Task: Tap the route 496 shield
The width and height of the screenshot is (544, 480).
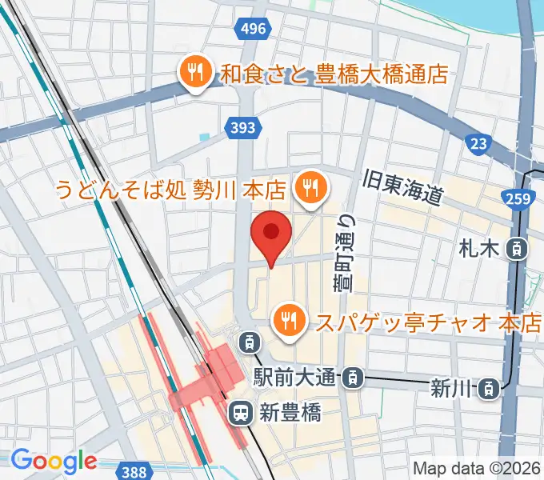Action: [x=252, y=30]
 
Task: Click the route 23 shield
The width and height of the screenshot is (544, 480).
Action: [x=478, y=142]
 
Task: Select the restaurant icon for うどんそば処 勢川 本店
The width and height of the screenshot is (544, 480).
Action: [x=309, y=190]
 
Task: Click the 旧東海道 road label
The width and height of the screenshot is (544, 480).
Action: [x=402, y=186]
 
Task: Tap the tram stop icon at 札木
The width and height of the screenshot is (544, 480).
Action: [x=517, y=249]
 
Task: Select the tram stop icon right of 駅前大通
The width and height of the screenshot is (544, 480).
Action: [x=354, y=375]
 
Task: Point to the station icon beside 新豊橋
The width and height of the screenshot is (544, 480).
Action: [x=239, y=413]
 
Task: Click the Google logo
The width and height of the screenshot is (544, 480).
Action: [x=54, y=462]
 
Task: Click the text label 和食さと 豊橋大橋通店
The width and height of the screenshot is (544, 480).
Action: [x=335, y=74]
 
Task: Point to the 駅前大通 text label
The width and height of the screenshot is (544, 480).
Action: [x=298, y=375]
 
